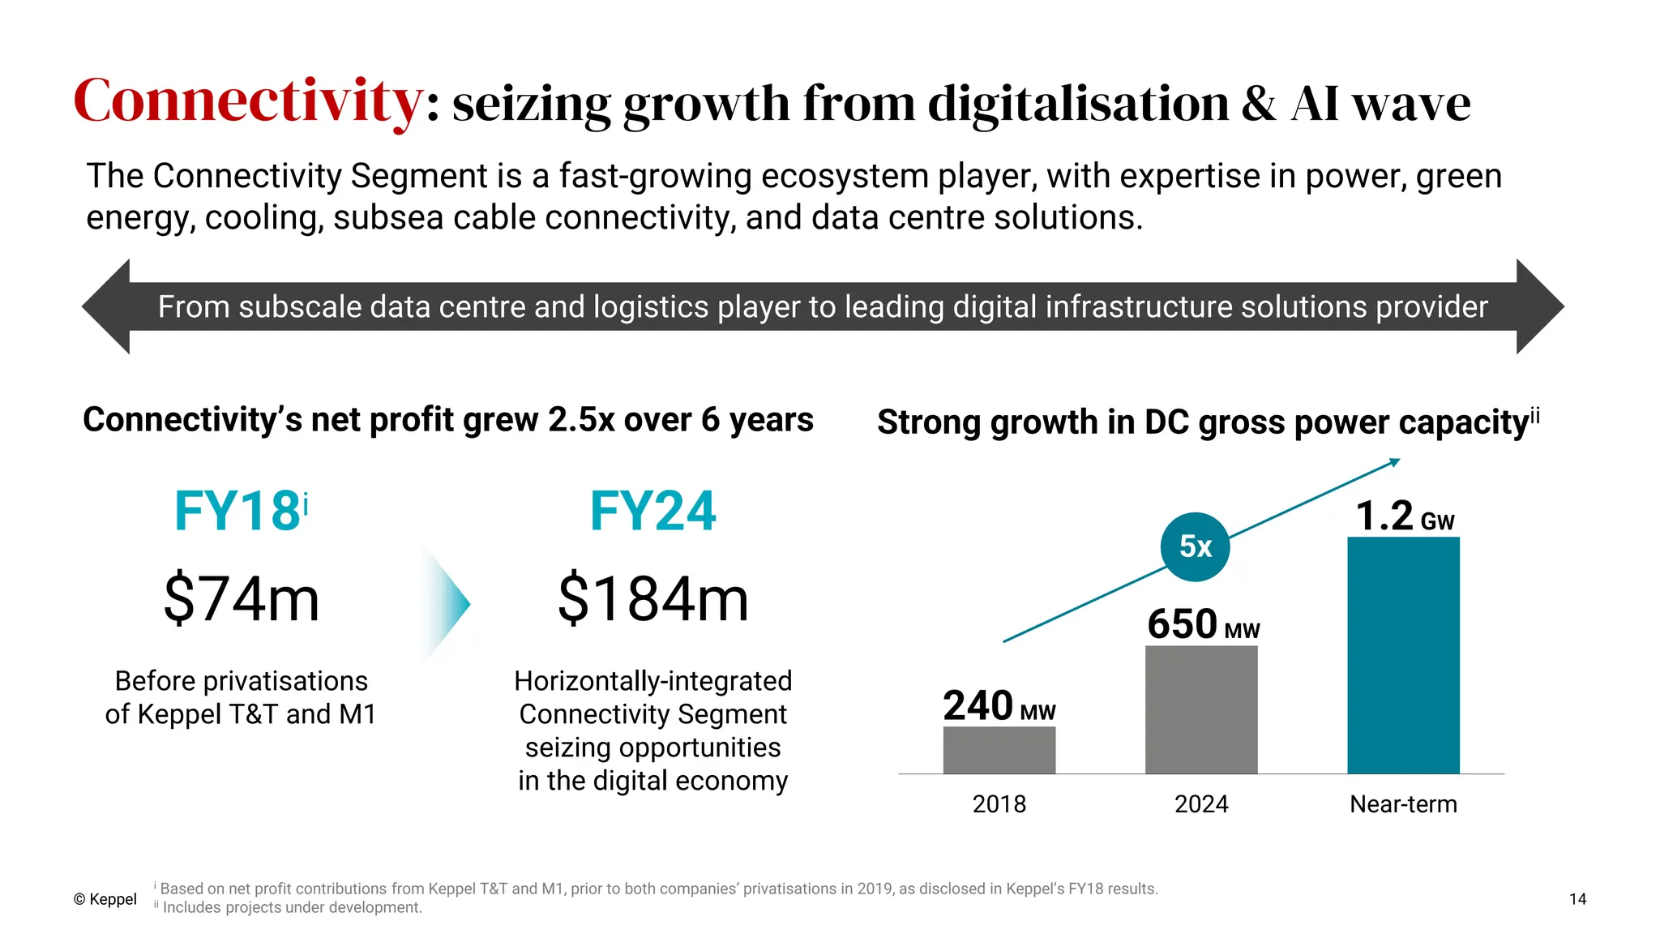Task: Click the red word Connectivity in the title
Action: pos(247,101)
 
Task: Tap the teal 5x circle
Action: pos(1195,546)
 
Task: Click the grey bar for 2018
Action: pos(999,750)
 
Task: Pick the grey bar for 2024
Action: pos(1201,709)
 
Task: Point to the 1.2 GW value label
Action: pos(1404,516)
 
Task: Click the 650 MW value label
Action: pos(1203,625)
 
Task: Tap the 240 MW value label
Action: pos(999,706)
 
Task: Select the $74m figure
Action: pos(242,599)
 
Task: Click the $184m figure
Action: pos(653,599)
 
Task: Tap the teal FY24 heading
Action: pos(653,512)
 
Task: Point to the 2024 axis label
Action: pos(1201,804)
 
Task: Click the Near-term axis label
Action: pos(1403,804)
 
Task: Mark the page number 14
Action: pos(1577,899)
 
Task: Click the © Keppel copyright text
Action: pos(105,899)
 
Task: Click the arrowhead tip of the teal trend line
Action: pos(1397,461)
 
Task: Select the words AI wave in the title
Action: pos(1380,105)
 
